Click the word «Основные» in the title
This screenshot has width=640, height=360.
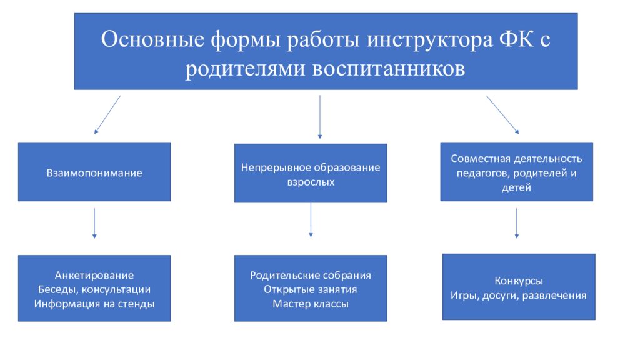152,39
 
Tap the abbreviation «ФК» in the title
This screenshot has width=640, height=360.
516,39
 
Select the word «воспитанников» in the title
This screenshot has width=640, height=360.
389,69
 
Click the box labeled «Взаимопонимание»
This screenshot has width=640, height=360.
94,172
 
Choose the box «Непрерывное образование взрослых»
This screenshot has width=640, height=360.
311,173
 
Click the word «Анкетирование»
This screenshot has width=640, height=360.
94,276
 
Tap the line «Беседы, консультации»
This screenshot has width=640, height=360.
94,290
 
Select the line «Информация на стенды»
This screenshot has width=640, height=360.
94,304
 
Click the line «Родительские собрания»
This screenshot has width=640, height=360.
311,276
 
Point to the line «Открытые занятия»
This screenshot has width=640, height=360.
311,290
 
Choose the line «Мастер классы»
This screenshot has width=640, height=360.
311,304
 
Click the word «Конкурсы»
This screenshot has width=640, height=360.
519,281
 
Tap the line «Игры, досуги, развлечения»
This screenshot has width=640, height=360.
519,296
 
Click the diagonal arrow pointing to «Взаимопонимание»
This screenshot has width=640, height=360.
107,115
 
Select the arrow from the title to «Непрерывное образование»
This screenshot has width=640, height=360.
319,117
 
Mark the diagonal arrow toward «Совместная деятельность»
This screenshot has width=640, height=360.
502,115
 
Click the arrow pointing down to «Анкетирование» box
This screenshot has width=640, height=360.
94,223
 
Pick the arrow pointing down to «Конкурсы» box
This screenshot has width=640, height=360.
517,223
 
